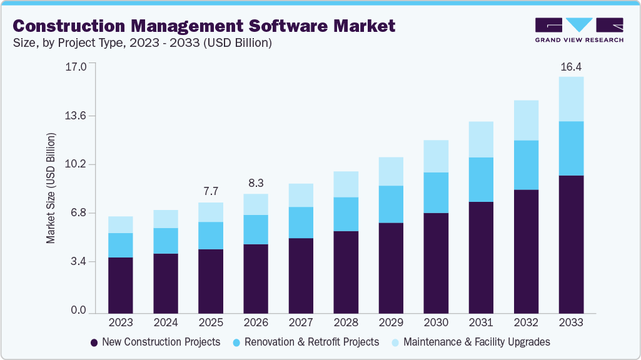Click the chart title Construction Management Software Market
tap(204, 26)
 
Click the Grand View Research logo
tap(578, 30)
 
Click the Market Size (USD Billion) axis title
tap(51, 188)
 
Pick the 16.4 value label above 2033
tap(571, 66)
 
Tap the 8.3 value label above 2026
tap(256, 183)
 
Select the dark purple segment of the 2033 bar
tap(571, 244)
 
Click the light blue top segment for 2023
tap(121, 224)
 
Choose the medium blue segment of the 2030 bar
tap(436, 192)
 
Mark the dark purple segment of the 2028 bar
tap(346, 272)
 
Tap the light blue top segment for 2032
tap(526, 120)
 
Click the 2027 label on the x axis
tap(301, 322)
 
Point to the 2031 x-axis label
tap(481, 322)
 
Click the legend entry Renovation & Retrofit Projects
tap(306, 342)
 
